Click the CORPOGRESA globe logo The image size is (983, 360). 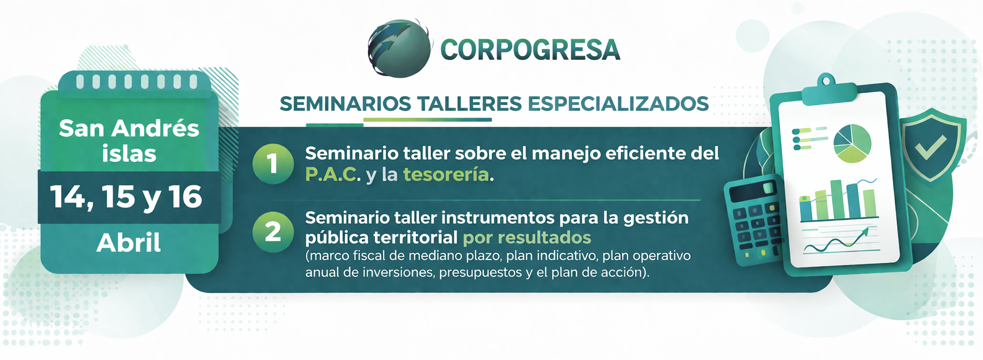click(400, 48)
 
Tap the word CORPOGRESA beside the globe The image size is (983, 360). click(530, 50)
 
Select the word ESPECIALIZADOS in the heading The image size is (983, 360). click(618, 104)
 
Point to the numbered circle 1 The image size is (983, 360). click(273, 164)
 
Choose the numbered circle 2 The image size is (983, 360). click(273, 232)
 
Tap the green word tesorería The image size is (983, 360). click(446, 175)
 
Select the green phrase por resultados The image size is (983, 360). click(527, 237)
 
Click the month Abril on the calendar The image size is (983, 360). click(129, 243)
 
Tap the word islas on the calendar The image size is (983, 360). click(129, 154)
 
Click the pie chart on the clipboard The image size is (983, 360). click(852, 143)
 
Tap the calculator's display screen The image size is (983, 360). click(751, 191)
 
